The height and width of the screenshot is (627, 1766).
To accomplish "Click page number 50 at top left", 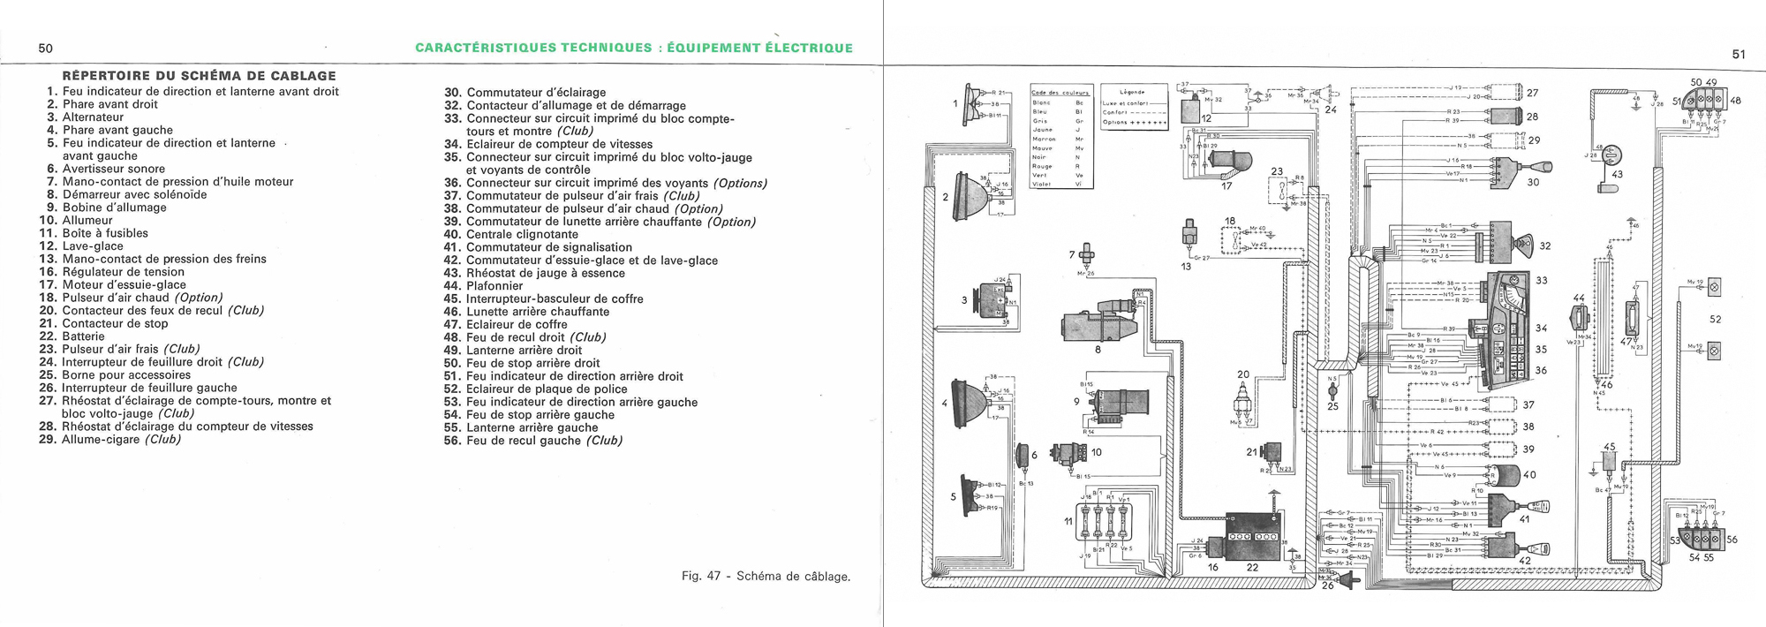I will coord(46,49).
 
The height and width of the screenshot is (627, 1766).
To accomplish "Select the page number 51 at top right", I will coord(1739,54).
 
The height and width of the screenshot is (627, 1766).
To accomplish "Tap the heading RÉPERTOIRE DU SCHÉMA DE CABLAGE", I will coord(200,76).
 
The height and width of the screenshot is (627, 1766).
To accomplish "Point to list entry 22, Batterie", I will coord(83,336).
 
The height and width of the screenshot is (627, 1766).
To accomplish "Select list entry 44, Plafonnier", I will coord(507,286).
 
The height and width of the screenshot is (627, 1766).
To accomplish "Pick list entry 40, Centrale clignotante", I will coord(522,235).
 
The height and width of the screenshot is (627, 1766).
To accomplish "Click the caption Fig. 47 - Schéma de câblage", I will coord(766,577).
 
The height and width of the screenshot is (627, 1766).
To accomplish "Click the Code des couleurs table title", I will coord(1060,92).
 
